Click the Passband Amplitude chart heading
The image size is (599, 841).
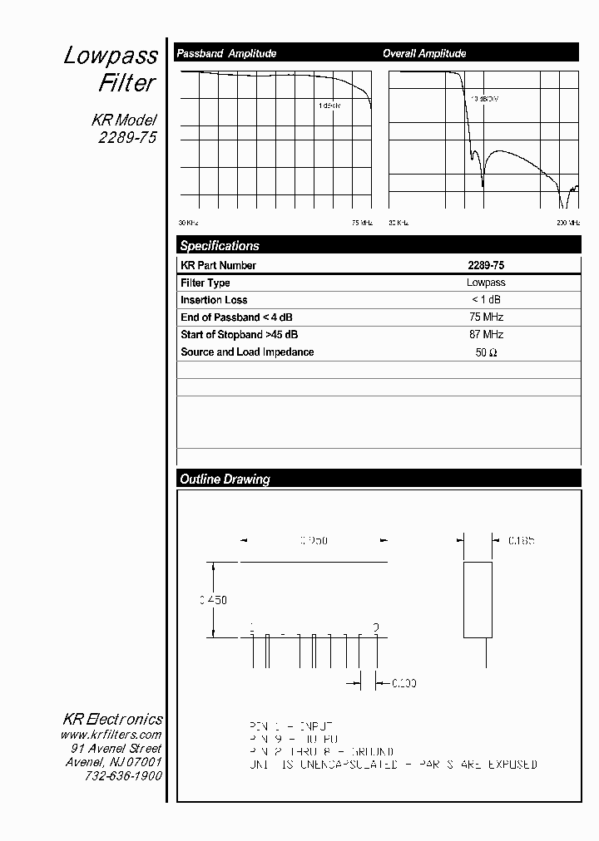(225, 53)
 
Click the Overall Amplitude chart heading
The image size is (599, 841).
(424, 53)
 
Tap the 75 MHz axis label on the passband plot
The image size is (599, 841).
(362, 223)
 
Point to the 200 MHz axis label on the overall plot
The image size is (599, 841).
(568, 223)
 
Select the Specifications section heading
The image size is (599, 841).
(220, 246)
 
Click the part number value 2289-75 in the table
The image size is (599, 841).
(486, 266)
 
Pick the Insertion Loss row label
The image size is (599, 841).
(214, 300)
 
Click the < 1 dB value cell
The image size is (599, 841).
(486, 300)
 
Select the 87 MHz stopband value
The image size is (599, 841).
(486, 335)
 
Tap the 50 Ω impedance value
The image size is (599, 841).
(486, 352)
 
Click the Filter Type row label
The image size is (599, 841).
(205, 283)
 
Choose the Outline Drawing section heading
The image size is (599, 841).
(225, 480)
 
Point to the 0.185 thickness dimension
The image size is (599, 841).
(521, 540)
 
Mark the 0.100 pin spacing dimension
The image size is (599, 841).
(403, 683)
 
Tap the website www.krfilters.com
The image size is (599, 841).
(111, 735)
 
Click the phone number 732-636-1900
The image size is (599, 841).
(123, 775)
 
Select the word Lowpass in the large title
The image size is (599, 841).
(111, 56)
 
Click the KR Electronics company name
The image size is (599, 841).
(113, 719)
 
